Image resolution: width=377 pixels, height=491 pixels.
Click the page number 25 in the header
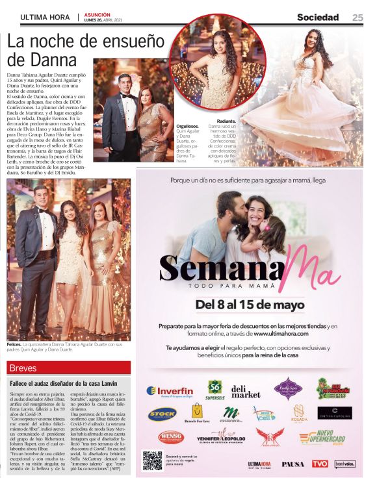click(x=357, y=18)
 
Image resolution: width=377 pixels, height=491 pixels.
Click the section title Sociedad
click(x=318, y=18)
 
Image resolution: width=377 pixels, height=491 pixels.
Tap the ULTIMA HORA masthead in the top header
click(x=45, y=18)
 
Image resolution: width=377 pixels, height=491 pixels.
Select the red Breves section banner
click(x=68, y=368)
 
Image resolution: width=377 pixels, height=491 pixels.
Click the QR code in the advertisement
click(x=152, y=460)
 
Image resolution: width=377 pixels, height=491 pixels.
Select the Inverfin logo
click(x=170, y=391)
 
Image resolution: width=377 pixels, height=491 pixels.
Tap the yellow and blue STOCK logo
click(x=162, y=413)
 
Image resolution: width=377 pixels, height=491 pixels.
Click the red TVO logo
click(x=319, y=464)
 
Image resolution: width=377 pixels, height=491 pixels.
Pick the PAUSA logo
click(x=292, y=464)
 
